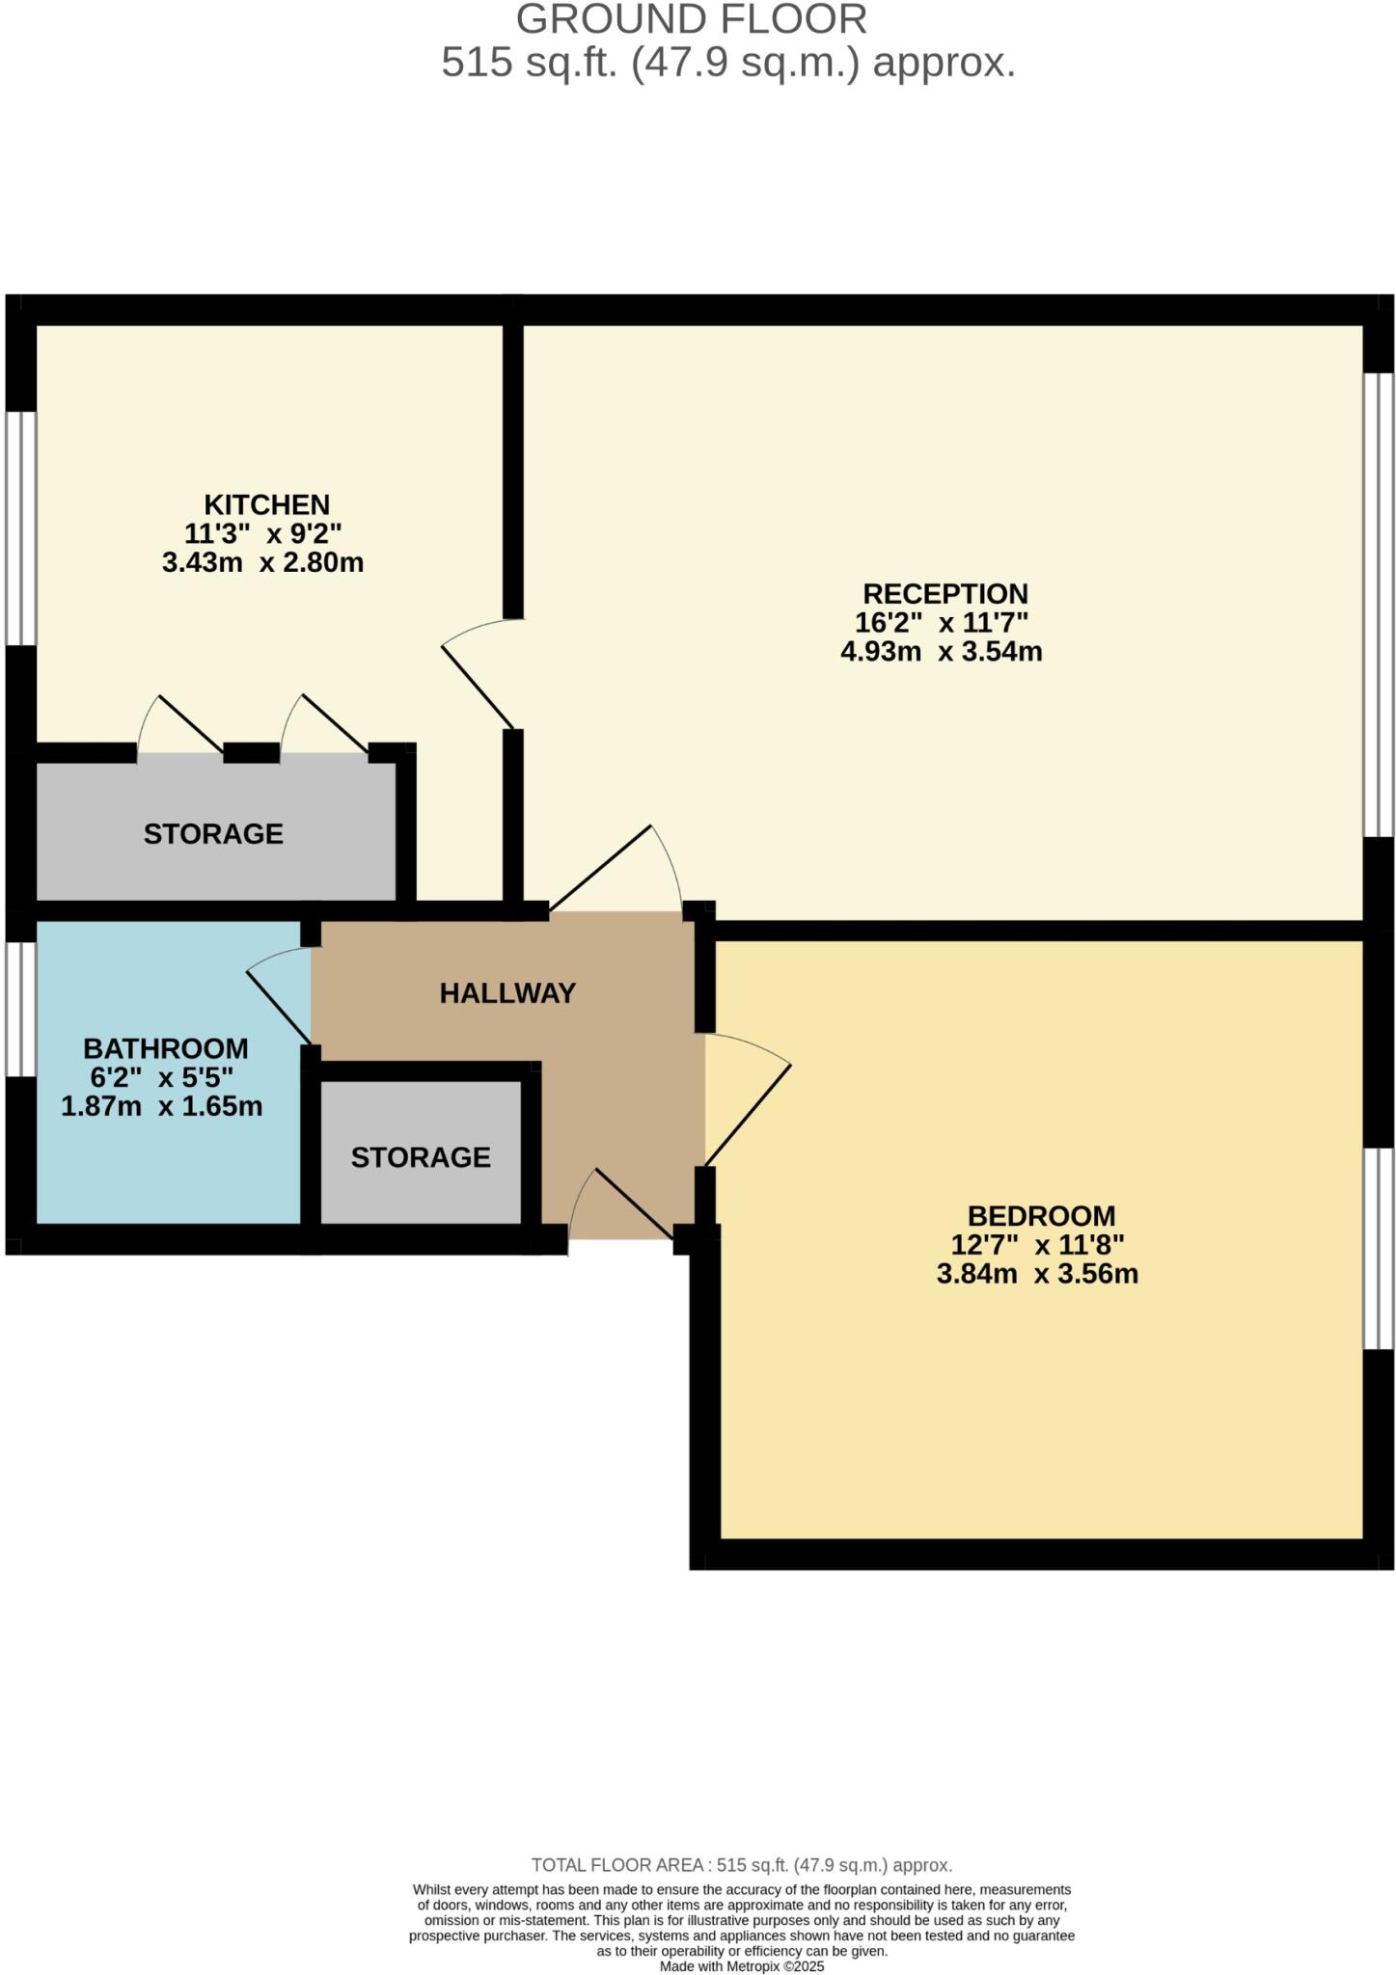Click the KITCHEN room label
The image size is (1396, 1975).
(x=266, y=504)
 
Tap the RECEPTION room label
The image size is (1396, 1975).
(x=944, y=593)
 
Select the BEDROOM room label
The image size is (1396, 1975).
(x=1041, y=1215)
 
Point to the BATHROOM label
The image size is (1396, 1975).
(x=165, y=1048)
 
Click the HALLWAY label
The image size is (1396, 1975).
(x=507, y=993)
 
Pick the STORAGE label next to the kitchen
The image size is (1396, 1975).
(x=213, y=833)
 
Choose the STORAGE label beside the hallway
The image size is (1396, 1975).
(x=421, y=1157)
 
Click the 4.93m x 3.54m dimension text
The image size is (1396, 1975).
(x=941, y=651)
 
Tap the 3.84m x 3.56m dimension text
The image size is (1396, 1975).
(x=1037, y=1274)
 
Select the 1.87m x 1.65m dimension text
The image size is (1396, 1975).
(x=161, y=1106)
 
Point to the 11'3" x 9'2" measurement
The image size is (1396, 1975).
(x=262, y=533)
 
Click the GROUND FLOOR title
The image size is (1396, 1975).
(x=692, y=19)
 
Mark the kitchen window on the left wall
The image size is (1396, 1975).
(x=21, y=528)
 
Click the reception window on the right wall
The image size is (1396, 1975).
(x=1378, y=605)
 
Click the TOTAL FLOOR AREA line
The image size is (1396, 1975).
(x=741, y=1866)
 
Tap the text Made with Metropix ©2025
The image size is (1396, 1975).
(x=741, y=1966)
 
